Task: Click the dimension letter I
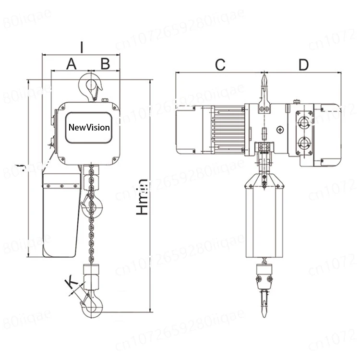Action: coord(82,47)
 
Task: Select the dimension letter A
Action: coord(71,63)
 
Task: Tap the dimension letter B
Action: coord(105,63)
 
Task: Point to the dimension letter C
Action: coord(220,65)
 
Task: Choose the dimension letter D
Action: coord(303,65)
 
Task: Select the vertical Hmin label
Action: coord(142,197)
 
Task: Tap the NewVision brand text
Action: coord(89,128)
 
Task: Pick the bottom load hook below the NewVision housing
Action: coord(92,305)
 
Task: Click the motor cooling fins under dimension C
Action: coord(228,129)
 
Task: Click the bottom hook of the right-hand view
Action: coord(264,302)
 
